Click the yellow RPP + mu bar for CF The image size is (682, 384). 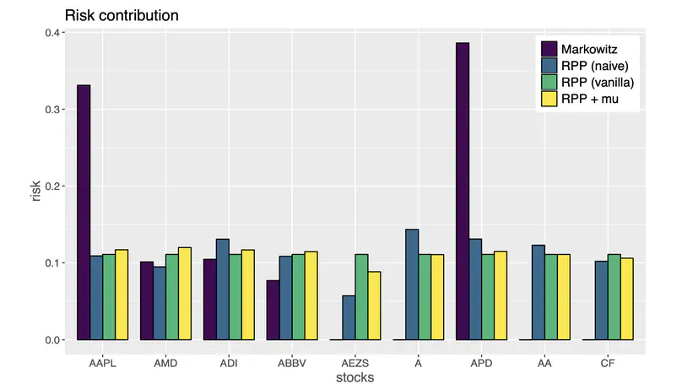(x=626, y=299)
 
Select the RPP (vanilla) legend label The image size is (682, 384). (x=598, y=82)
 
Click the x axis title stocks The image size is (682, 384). (x=355, y=377)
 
